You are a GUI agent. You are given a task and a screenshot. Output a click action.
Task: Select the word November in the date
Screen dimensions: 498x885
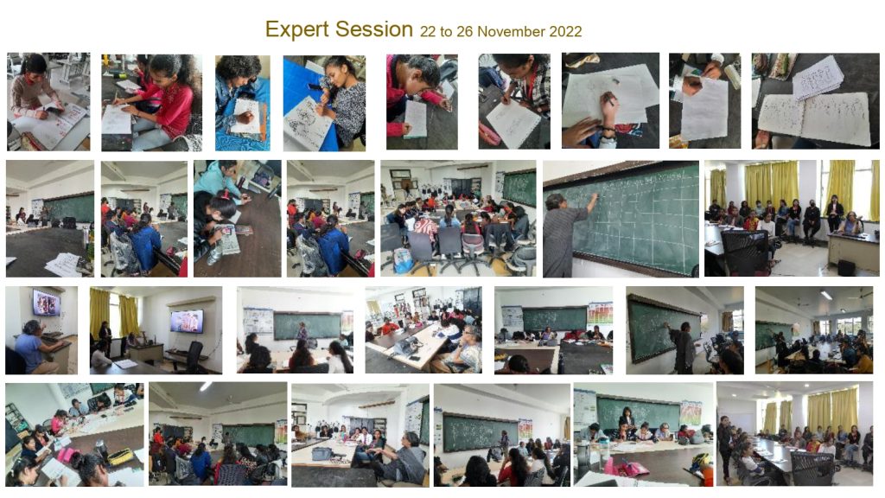point(510,32)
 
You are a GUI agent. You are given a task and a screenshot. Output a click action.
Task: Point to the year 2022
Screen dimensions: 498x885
point(563,32)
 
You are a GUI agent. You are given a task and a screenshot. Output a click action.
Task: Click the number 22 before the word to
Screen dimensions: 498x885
point(429,32)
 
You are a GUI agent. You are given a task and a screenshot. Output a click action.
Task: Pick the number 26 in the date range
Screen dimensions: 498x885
point(464,32)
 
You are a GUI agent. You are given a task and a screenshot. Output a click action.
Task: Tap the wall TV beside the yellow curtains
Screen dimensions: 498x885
point(186,321)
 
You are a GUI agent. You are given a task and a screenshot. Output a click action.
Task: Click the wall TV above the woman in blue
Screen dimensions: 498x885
point(46,302)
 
